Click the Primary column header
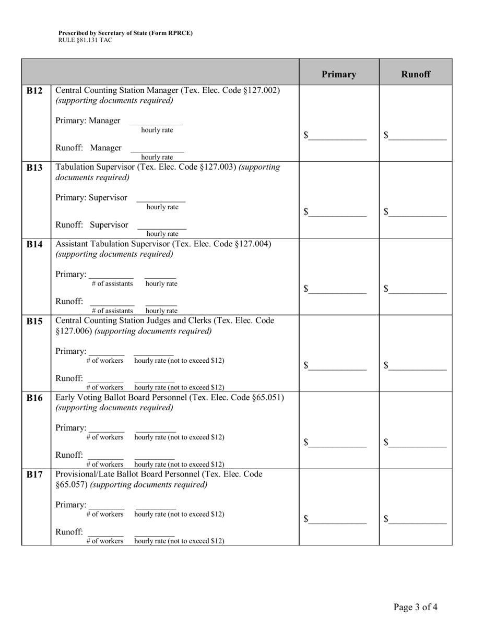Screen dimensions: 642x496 [339, 74]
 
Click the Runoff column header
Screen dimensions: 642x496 [416, 74]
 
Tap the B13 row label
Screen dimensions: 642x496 [35, 168]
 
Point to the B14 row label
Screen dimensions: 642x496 [35, 245]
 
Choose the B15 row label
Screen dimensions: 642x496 [35, 322]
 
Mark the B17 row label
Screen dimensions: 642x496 [35, 475]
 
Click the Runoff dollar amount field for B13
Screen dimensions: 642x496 [418, 212]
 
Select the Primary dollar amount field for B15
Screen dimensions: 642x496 [337, 366]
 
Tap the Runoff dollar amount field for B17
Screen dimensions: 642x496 [418, 519]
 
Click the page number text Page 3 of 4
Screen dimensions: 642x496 [415, 607]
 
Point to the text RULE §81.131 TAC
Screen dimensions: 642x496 [85, 40]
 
